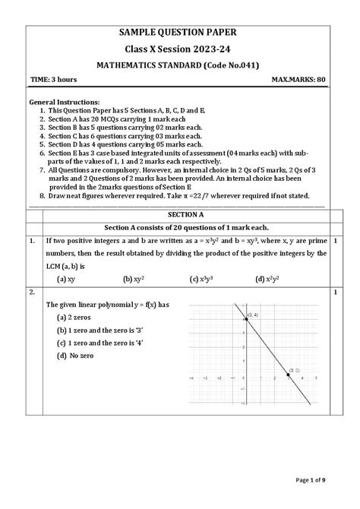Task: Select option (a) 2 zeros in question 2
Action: click(74, 317)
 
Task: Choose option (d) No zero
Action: click(73, 356)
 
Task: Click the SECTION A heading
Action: click(180, 214)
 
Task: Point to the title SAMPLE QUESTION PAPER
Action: click(180, 32)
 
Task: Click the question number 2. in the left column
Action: click(33, 292)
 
